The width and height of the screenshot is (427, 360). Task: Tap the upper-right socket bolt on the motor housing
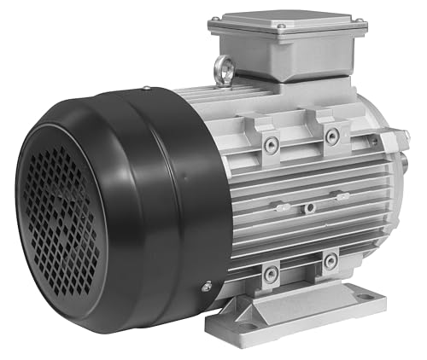point(330,136)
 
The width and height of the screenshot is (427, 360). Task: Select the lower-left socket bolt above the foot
point(271,274)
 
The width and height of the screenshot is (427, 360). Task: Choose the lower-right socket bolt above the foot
point(330,260)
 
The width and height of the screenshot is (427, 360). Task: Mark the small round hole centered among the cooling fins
point(310,206)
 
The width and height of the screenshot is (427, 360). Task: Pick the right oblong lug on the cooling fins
point(342,197)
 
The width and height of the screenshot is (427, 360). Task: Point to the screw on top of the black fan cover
point(146,87)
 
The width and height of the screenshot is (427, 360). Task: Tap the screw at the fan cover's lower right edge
point(205,287)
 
